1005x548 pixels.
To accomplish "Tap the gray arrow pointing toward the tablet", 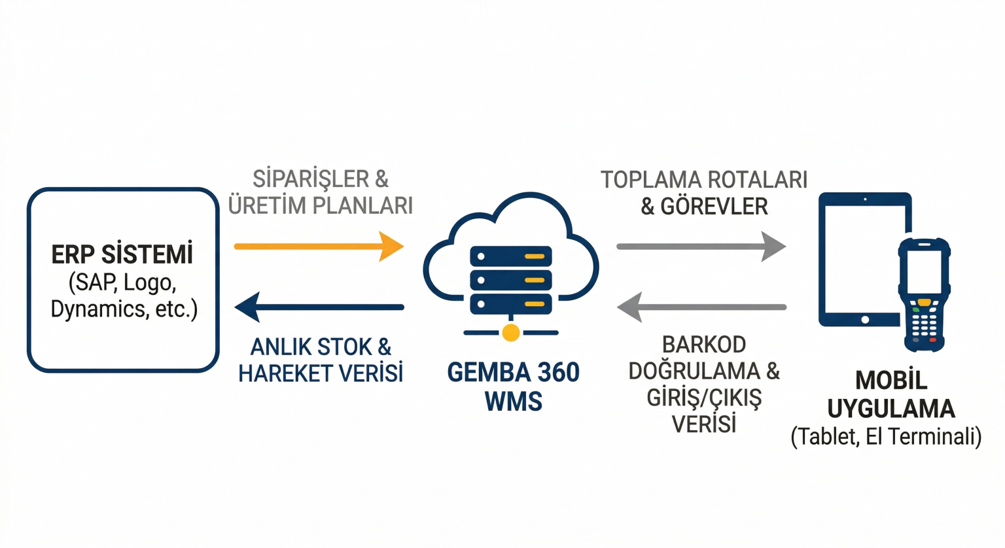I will (x=701, y=247).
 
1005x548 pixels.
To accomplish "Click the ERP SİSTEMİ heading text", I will (x=122, y=254).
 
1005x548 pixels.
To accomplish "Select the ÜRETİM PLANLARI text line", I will (x=321, y=205).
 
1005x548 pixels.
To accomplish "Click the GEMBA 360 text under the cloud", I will (x=513, y=373).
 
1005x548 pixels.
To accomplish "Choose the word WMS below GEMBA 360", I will (x=513, y=401).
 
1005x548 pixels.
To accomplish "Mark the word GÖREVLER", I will (x=714, y=207).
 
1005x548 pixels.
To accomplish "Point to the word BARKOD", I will (x=704, y=345).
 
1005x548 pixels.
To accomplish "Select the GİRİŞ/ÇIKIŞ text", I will (x=704, y=398).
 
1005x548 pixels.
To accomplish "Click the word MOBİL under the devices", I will (x=891, y=381).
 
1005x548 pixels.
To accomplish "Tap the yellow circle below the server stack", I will (x=511, y=332).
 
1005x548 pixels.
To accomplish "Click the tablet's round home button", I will (x=865, y=320).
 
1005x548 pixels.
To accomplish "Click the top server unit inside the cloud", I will (x=511, y=256).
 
